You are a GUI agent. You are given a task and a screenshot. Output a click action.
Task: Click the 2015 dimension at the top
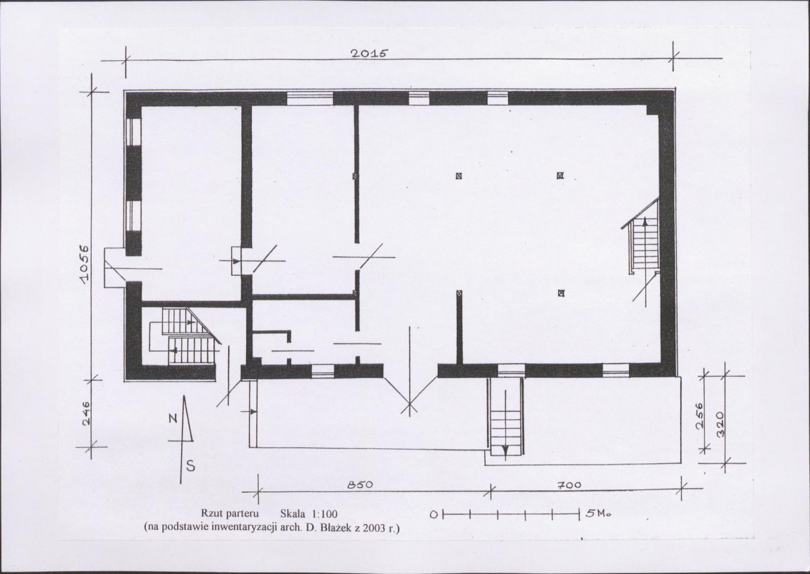click(369, 53)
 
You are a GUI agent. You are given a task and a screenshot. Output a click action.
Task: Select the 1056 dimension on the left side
click(85, 263)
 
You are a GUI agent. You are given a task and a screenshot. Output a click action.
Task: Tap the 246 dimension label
click(86, 413)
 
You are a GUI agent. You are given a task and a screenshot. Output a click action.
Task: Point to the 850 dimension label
click(359, 485)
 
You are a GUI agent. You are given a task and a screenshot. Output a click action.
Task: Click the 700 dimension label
click(569, 485)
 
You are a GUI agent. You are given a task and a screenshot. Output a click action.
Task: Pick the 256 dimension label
click(699, 416)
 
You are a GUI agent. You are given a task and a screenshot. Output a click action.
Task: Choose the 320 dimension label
click(722, 423)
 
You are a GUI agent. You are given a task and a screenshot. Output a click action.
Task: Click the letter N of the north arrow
click(174, 418)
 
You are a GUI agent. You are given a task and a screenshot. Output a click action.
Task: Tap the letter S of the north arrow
click(191, 467)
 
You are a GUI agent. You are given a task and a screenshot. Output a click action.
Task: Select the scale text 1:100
click(324, 514)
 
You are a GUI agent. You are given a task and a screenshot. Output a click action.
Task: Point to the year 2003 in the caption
click(374, 528)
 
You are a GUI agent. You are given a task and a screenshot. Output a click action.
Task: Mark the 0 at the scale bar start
click(434, 515)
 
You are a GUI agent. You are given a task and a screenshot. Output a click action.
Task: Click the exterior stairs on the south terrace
click(505, 416)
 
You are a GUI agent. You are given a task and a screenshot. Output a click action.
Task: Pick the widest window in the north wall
click(309, 98)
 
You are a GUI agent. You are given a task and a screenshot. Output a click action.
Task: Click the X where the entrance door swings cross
click(409, 404)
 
